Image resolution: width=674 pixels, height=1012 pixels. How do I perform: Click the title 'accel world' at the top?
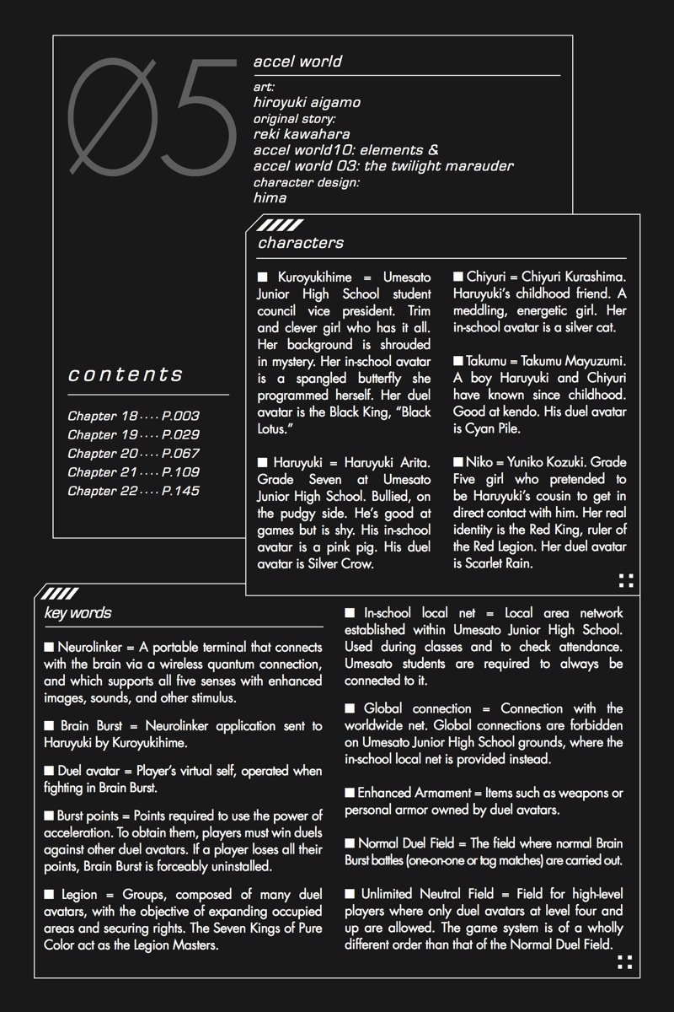(x=297, y=62)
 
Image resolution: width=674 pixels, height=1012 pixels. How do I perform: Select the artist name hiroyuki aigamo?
(x=307, y=102)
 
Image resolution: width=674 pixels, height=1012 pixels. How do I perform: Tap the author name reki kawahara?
(x=302, y=134)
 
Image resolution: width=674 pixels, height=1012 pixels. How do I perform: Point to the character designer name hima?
(x=270, y=198)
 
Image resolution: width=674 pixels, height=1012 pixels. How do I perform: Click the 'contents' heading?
(x=126, y=374)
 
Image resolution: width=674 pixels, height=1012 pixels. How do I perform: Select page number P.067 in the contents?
(x=180, y=454)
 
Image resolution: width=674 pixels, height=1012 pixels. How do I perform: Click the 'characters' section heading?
(x=301, y=243)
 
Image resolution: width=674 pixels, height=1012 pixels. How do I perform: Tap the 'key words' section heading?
(x=78, y=613)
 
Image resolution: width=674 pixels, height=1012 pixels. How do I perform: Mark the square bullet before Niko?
(x=458, y=463)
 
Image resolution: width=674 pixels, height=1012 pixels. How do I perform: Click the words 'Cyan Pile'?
(x=498, y=429)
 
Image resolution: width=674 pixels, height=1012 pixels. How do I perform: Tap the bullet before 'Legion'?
(x=49, y=895)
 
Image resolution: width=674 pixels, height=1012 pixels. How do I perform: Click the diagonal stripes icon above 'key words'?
(x=60, y=593)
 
